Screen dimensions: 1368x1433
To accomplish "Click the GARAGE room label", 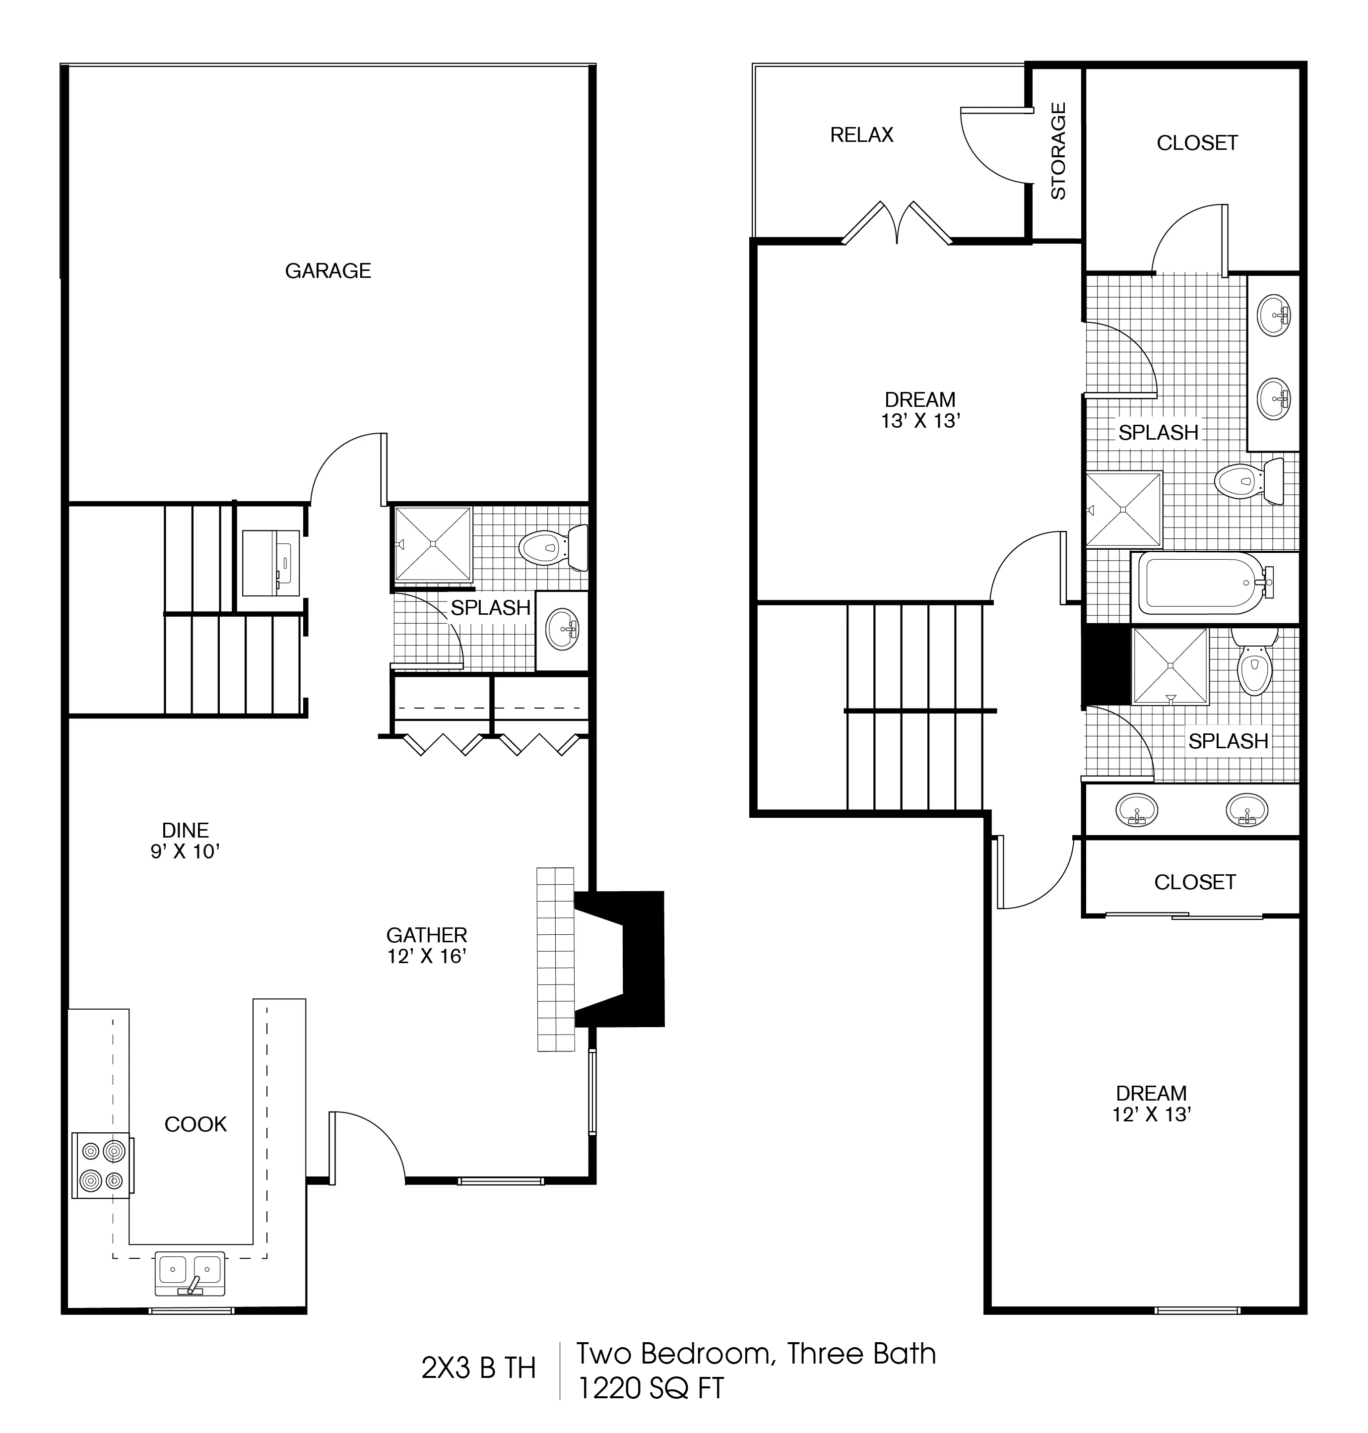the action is [x=327, y=271].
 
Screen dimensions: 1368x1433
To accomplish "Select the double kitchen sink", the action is [x=190, y=1273].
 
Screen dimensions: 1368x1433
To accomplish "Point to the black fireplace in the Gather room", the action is [x=620, y=959].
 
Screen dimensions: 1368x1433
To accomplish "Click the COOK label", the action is [x=195, y=1124].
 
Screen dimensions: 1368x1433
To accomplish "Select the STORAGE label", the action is [x=1058, y=151].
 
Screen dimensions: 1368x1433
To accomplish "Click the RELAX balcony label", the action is [x=861, y=135].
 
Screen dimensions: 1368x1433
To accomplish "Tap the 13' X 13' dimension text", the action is [x=920, y=421].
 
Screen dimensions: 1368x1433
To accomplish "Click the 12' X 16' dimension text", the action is [x=427, y=956].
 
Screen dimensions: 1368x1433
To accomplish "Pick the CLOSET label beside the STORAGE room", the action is [x=1197, y=143].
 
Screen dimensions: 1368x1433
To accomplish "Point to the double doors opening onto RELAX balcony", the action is [x=897, y=222].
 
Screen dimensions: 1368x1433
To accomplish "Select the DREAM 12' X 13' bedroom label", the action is [x=1152, y=1104].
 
